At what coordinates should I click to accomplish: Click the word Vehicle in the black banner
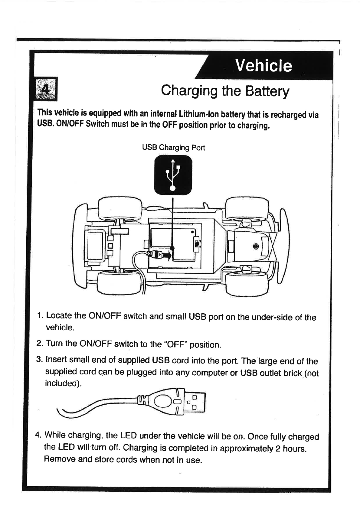263,66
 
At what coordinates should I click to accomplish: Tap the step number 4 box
46,89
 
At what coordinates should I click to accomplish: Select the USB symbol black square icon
173,175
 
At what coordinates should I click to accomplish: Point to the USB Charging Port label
173,148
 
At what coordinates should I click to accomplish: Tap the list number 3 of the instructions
39,360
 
